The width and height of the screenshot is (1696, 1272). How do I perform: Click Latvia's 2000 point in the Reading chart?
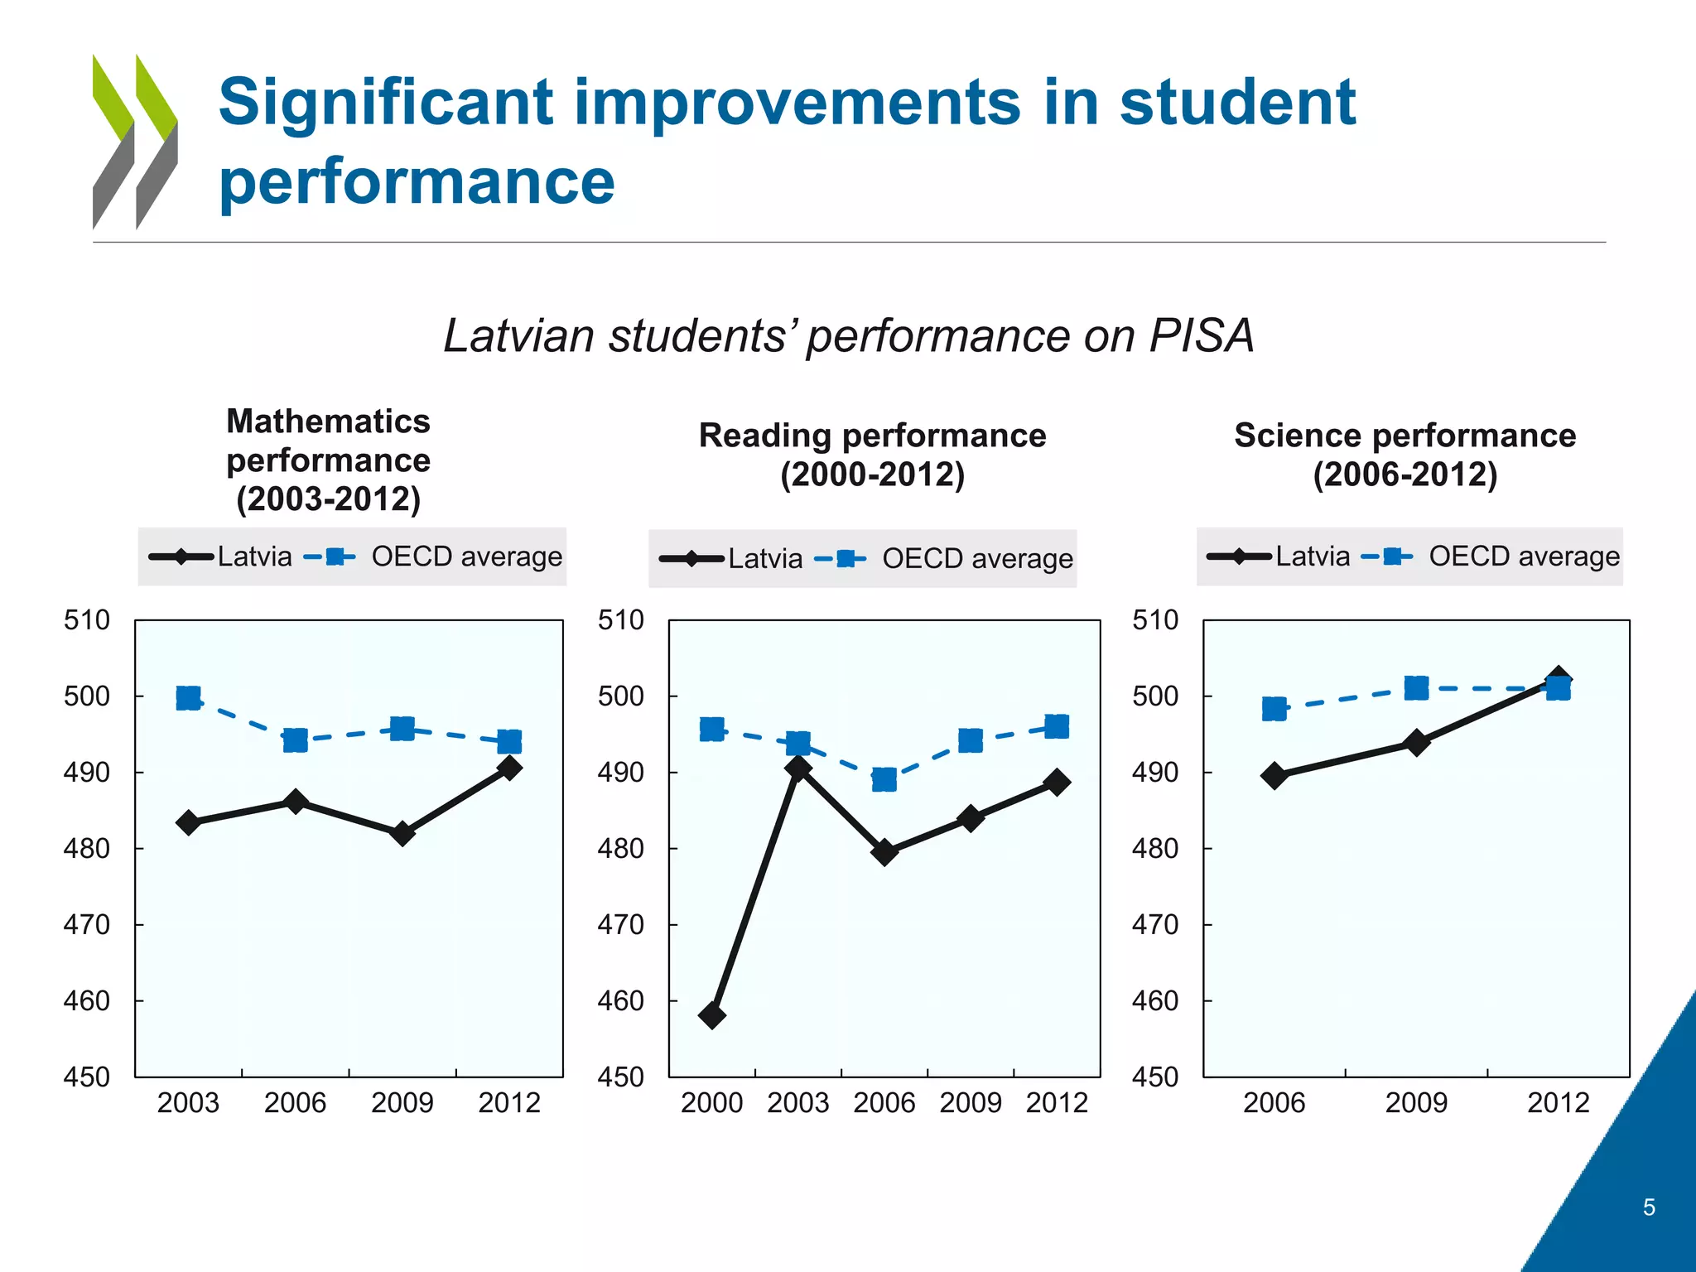tap(712, 1014)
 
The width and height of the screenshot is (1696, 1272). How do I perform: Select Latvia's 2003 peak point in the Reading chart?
tap(798, 768)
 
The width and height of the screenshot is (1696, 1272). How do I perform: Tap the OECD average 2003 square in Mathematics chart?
tap(189, 698)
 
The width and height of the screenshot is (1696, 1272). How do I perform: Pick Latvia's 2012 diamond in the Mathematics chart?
tap(510, 768)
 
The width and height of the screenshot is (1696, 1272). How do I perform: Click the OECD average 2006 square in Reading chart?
tap(884, 779)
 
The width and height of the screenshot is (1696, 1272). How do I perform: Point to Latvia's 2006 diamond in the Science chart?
tap(1274, 776)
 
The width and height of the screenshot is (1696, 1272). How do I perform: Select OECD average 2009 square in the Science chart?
tap(1417, 688)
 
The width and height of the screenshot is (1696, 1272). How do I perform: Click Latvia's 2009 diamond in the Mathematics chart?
tap(402, 833)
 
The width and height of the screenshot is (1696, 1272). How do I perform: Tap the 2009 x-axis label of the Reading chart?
tap(971, 1103)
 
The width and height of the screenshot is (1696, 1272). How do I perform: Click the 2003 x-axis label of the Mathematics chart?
tap(188, 1103)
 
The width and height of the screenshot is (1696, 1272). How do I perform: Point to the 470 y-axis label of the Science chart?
tap(1154, 924)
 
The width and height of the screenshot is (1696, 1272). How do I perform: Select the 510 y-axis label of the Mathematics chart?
tap(87, 619)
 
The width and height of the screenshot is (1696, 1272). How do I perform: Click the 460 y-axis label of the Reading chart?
tap(620, 1000)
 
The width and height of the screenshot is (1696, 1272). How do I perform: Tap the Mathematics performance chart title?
tap(329, 460)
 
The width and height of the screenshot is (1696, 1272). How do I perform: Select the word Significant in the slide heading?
tap(386, 103)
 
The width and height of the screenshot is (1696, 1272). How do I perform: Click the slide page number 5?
tap(1649, 1207)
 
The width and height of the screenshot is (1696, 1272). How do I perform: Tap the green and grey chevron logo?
tap(135, 142)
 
